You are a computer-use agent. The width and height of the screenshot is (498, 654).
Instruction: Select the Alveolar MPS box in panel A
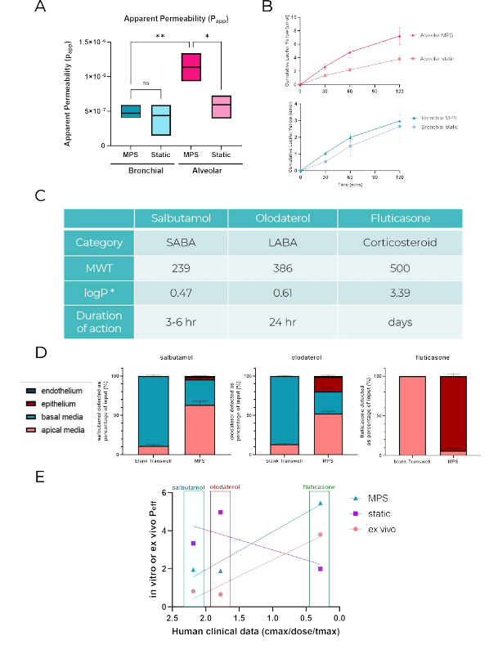coord(191,65)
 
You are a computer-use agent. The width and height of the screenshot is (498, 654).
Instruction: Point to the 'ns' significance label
coord(146,83)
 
